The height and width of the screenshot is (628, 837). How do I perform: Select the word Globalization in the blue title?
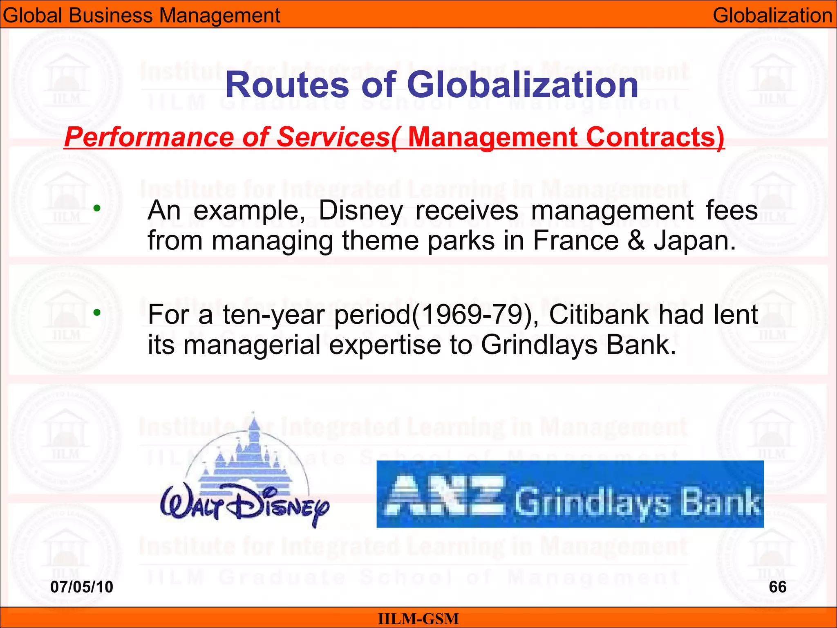[x=522, y=85]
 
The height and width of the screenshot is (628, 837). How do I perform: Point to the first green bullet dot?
[x=97, y=209]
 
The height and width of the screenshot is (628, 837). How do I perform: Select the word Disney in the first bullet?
[x=360, y=211]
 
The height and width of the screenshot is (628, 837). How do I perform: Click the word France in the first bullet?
[x=575, y=240]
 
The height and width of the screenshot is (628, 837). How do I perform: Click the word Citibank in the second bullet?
[x=598, y=315]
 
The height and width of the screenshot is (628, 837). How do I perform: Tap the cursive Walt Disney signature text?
[x=244, y=507]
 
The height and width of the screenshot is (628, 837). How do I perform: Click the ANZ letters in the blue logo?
[x=445, y=495]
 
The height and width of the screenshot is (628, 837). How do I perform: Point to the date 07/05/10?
[x=81, y=587]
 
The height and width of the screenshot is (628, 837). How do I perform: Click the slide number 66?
[x=777, y=587]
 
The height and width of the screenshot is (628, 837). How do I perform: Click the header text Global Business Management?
[x=141, y=16]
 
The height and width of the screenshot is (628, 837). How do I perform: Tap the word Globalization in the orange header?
[x=772, y=16]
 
